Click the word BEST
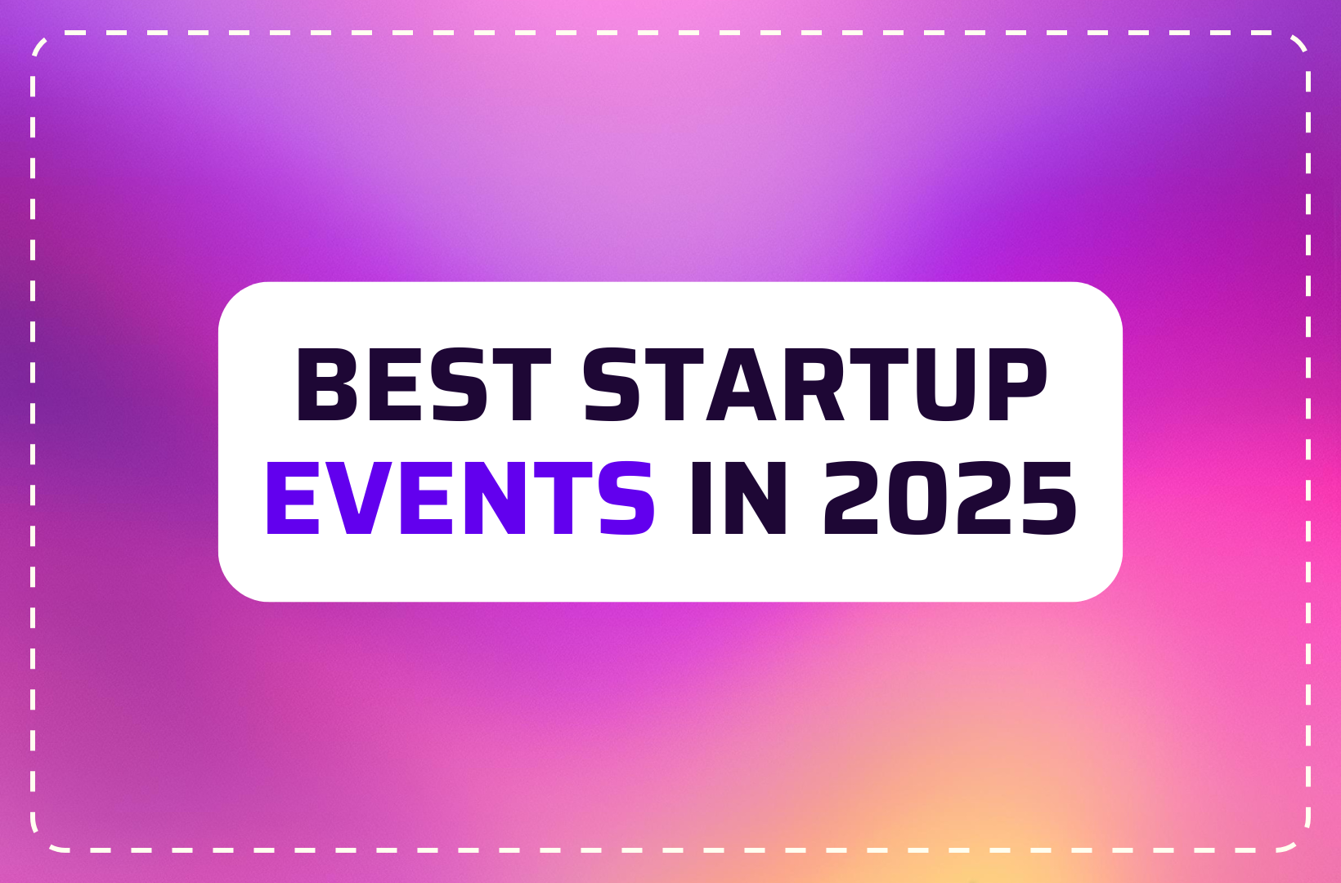[x=424, y=384]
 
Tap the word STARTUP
[x=816, y=384]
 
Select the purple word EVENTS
[x=460, y=498]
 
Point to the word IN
[x=738, y=498]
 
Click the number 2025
[x=950, y=498]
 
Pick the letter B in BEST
[x=327, y=384]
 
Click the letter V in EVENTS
[x=359, y=498]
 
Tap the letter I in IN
[x=701, y=498]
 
